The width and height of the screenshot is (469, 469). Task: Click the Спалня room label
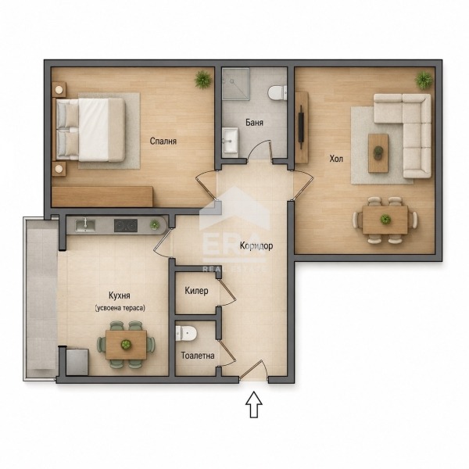(163, 141)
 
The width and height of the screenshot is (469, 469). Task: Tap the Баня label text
(254, 123)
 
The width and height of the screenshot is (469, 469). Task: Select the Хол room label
(336, 159)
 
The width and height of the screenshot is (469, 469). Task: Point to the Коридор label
(256, 246)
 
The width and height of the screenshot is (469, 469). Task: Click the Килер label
(196, 291)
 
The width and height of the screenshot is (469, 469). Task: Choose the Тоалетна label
(198, 356)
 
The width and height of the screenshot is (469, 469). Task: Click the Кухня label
(120, 295)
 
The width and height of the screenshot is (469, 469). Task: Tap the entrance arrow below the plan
(254, 404)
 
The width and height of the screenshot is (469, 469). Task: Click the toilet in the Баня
(277, 93)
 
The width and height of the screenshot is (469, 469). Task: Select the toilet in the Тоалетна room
(186, 333)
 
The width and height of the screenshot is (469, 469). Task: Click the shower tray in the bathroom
(236, 83)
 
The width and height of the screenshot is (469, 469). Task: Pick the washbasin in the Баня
(231, 140)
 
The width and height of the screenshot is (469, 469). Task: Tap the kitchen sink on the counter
(85, 226)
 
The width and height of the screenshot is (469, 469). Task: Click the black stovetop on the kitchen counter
(126, 226)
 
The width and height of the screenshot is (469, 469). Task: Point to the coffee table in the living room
(378, 153)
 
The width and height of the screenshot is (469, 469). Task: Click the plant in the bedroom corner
(203, 80)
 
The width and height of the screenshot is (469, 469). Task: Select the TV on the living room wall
(302, 127)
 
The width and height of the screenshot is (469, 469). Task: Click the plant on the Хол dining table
(385, 220)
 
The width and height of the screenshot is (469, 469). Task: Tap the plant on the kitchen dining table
(126, 345)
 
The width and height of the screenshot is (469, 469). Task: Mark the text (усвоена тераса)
(120, 308)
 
